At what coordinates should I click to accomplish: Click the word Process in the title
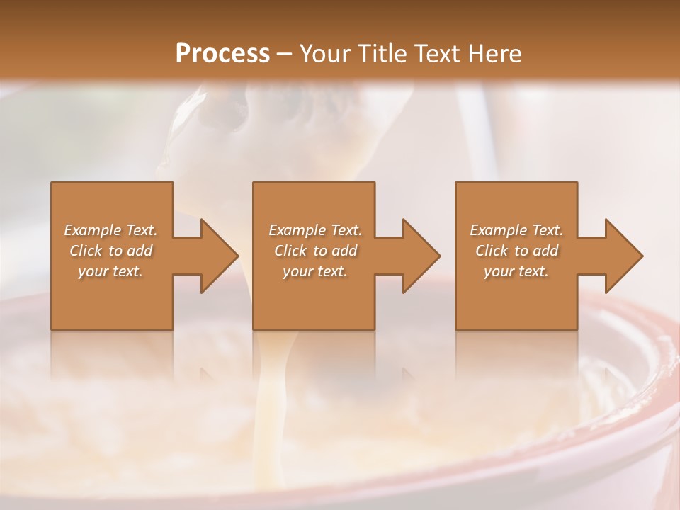tap(222, 53)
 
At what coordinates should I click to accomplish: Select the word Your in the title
tap(325, 53)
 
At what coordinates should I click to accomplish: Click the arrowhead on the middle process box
tap(419, 256)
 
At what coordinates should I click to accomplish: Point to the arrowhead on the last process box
tap(622, 256)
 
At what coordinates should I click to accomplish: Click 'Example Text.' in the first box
tap(111, 230)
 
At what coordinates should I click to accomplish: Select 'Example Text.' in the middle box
tap(315, 230)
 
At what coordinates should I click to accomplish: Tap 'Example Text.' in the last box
tap(516, 230)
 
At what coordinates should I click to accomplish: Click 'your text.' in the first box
tap(111, 271)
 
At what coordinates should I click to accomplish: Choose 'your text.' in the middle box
tap(315, 271)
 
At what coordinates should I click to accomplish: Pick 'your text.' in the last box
tap(516, 271)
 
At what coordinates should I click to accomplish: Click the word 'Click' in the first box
tap(86, 251)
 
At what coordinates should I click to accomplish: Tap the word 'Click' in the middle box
tap(290, 251)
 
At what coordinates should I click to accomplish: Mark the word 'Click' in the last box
tap(492, 251)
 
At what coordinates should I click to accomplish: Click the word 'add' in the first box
tap(140, 251)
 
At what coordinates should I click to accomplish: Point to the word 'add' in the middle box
tap(345, 251)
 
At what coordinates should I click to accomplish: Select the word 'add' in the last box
tap(546, 251)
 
